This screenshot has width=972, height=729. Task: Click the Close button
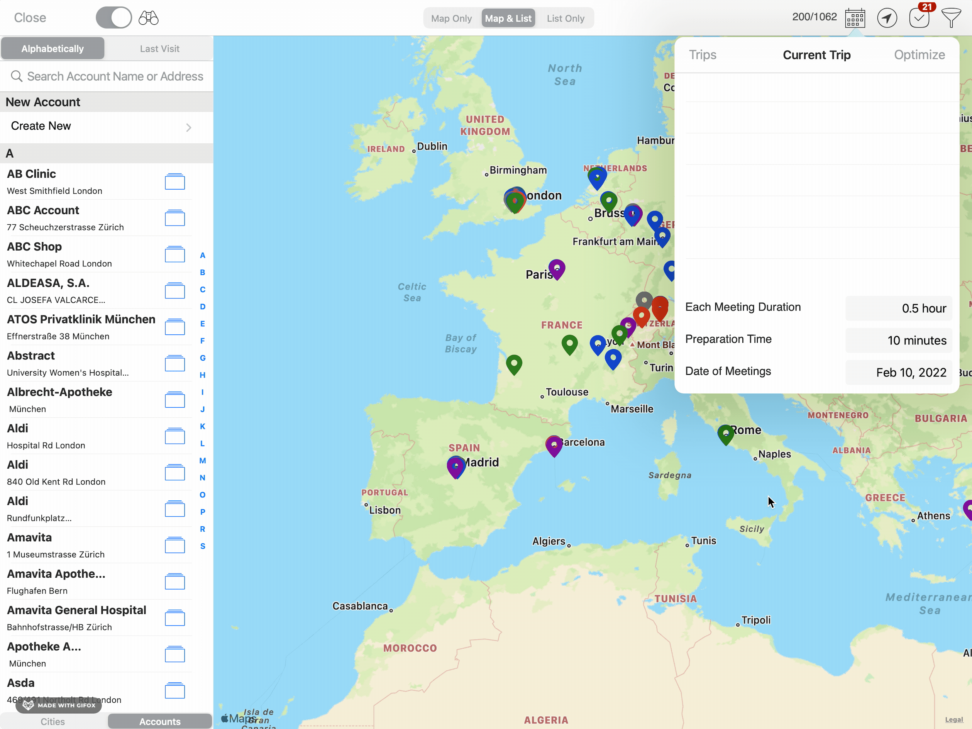click(x=30, y=18)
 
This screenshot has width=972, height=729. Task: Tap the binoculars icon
click(x=149, y=18)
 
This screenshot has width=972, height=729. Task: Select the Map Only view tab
click(x=451, y=19)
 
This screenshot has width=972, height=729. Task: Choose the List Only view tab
click(x=565, y=19)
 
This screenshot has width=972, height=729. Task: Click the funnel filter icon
click(x=951, y=18)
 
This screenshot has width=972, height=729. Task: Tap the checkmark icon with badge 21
click(x=919, y=18)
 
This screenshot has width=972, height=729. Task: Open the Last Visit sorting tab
click(x=159, y=49)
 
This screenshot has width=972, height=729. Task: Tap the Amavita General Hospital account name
click(x=76, y=610)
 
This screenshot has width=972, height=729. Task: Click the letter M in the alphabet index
click(x=203, y=461)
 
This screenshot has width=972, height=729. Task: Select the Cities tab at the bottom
click(x=53, y=722)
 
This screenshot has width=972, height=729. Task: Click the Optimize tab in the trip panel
click(x=919, y=55)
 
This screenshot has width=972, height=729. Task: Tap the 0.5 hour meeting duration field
click(x=899, y=308)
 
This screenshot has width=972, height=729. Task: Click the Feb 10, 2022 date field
click(x=899, y=373)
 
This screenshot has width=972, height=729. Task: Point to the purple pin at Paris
click(x=557, y=268)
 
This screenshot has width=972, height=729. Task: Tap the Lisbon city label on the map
click(x=384, y=510)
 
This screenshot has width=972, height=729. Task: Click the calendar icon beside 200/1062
click(x=855, y=18)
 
